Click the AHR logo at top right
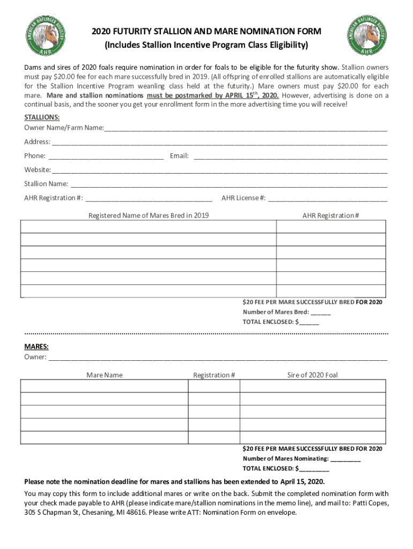[367, 36]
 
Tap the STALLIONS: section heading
[42, 117]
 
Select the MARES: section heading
[36, 346]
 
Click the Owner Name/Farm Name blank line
[246, 129]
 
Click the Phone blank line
[106, 157]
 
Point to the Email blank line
[290, 157]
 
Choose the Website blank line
[219, 170]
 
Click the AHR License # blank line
[328, 198]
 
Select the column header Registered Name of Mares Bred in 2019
[149, 216]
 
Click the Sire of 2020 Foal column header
[312, 375]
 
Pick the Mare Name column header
[105, 375]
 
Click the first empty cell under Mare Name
[105, 386]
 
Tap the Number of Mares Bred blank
[320, 313]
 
